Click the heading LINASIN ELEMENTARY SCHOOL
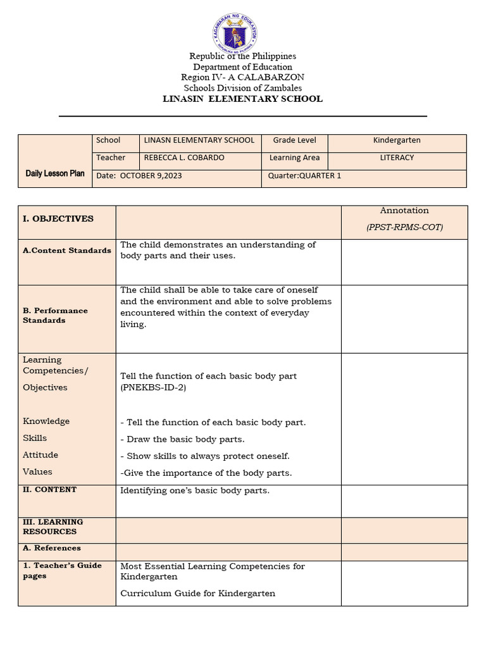coord(242,99)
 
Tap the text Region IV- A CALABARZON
coord(242,77)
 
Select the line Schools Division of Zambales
coord(242,88)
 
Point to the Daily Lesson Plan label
coord(55,173)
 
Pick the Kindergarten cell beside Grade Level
coord(397,140)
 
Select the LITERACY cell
coord(397,158)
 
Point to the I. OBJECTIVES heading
coord(58,218)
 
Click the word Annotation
coord(404,210)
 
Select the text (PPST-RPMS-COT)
coord(404,227)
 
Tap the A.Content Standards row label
coord(67,251)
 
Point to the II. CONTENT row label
coord(50,490)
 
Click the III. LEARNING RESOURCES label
coord(53,526)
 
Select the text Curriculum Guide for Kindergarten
coord(198,594)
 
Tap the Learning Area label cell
coord(294,158)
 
